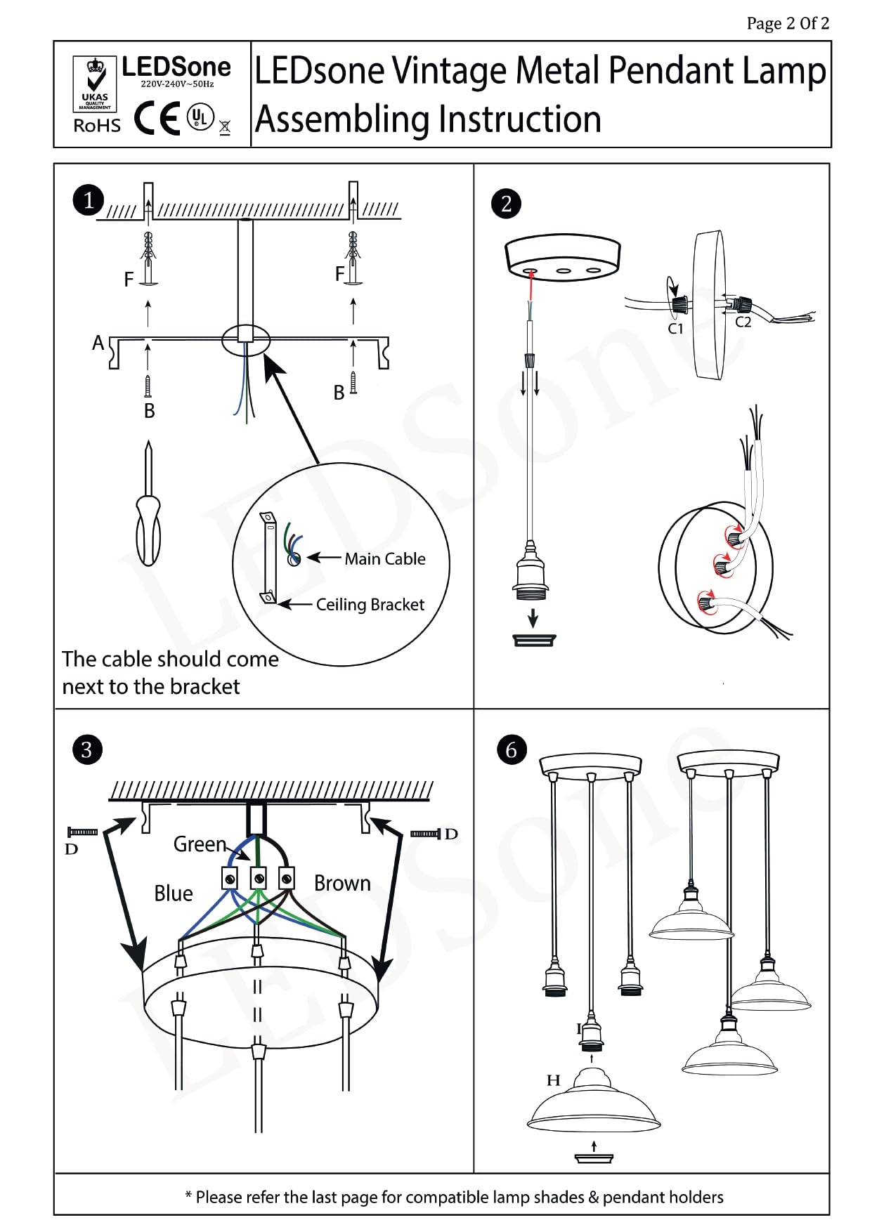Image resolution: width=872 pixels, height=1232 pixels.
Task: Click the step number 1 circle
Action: (x=89, y=201)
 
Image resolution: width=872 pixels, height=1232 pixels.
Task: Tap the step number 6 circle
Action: (x=511, y=750)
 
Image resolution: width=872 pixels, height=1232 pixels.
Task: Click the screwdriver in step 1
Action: (x=148, y=506)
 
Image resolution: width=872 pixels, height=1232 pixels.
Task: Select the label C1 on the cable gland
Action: (x=675, y=329)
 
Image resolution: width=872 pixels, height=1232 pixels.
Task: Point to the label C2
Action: (x=743, y=322)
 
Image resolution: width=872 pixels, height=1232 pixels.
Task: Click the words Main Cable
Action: (x=385, y=559)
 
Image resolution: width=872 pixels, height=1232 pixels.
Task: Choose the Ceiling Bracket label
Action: (x=370, y=605)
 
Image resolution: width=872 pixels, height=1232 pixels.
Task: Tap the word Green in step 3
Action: (x=200, y=844)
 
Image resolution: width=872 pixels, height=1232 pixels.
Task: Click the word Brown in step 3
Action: (x=342, y=883)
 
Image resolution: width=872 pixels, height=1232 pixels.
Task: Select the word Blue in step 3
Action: (x=174, y=893)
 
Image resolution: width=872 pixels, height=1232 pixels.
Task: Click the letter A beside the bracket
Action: (x=98, y=343)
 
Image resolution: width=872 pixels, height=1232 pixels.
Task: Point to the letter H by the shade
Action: (x=554, y=1080)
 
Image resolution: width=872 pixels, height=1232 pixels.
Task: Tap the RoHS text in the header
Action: (x=97, y=126)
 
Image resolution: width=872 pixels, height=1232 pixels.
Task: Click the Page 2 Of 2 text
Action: (x=788, y=24)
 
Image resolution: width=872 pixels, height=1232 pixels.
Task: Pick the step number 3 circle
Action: (x=87, y=749)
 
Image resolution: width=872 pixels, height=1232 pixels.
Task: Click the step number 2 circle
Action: (x=506, y=204)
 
